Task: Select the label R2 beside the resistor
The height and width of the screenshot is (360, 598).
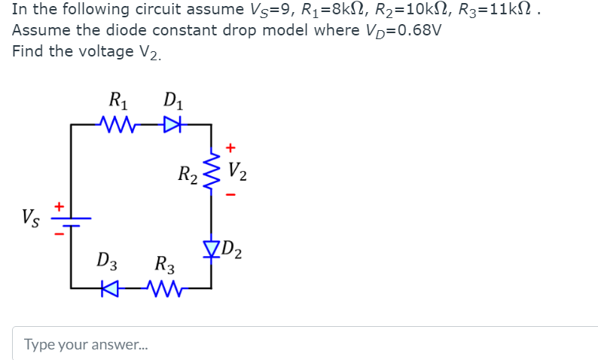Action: [188, 176]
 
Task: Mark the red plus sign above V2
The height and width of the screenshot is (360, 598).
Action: [231, 147]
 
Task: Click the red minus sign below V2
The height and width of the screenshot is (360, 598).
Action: [231, 197]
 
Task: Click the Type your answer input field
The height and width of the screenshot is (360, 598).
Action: [301, 344]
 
